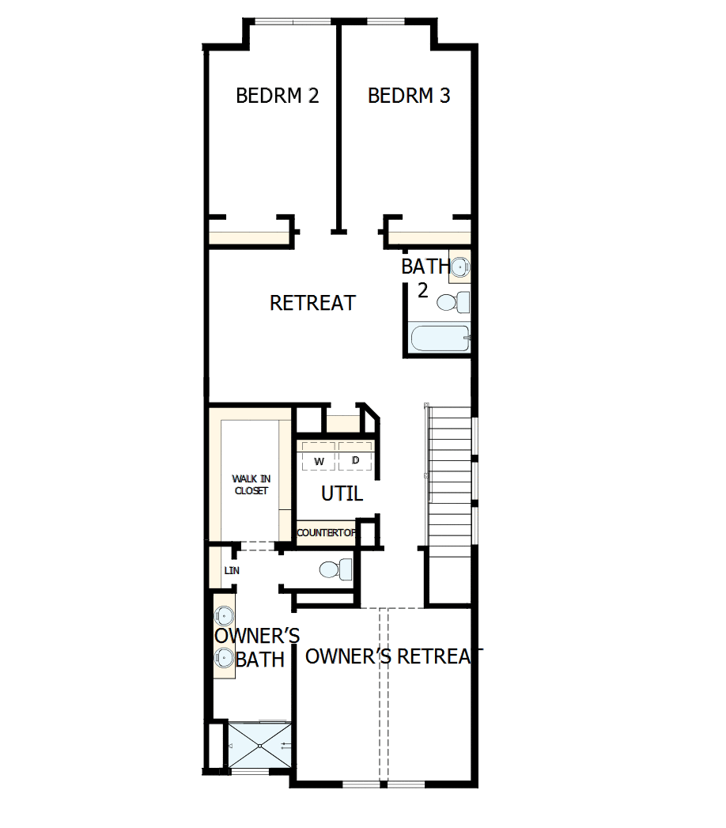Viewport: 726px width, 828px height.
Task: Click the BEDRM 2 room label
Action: pyautogui.click(x=278, y=96)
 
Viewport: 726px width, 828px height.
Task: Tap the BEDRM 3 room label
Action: pyautogui.click(x=409, y=96)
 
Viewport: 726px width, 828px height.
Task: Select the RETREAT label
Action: pyautogui.click(x=312, y=303)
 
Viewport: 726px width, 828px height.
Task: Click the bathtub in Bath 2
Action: pyautogui.click(x=440, y=338)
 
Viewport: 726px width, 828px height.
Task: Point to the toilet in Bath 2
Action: pyautogui.click(x=453, y=302)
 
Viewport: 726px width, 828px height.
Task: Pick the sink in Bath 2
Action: pyautogui.click(x=460, y=267)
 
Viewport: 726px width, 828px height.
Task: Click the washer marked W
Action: pyautogui.click(x=319, y=459)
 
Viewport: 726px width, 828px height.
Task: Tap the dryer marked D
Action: pyautogui.click(x=355, y=459)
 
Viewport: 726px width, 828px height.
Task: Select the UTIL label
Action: pyautogui.click(x=342, y=494)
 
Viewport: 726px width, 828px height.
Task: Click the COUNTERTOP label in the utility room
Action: pyautogui.click(x=326, y=533)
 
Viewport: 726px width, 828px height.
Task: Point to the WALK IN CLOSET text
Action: pyautogui.click(x=250, y=485)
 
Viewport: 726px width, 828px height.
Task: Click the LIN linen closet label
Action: pyautogui.click(x=232, y=570)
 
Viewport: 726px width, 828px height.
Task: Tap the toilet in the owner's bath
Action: pyautogui.click(x=335, y=569)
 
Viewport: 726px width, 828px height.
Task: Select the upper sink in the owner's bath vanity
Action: pyautogui.click(x=225, y=615)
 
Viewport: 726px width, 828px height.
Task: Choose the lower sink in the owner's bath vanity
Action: pyautogui.click(x=225, y=656)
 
